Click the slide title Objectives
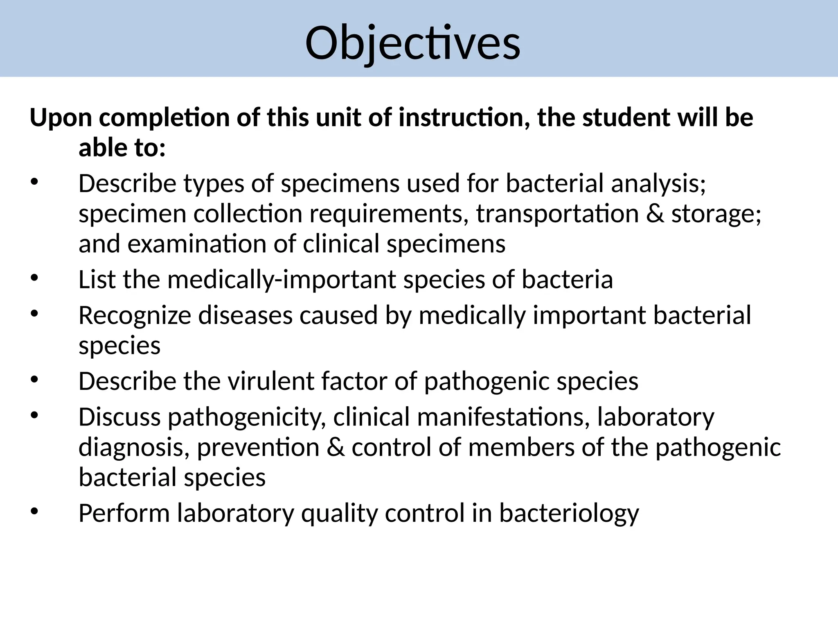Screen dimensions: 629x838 point(412,43)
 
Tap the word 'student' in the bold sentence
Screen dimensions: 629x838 point(626,118)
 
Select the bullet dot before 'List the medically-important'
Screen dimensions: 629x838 point(34,278)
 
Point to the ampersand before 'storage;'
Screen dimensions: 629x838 point(656,214)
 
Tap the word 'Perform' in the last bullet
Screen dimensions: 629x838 point(124,513)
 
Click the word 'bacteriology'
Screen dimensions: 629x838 point(569,514)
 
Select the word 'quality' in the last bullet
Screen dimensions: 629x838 point(339,514)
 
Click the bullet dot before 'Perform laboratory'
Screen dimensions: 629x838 point(34,512)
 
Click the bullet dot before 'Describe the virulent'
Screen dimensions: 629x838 point(34,380)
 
